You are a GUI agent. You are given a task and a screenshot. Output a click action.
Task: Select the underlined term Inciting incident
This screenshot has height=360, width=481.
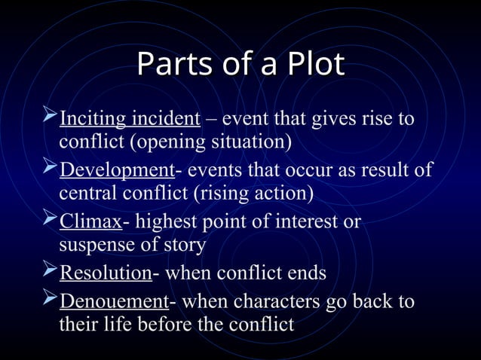click(x=130, y=120)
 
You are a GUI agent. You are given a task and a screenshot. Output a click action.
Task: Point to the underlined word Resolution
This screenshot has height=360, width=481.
click(x=106, y=273)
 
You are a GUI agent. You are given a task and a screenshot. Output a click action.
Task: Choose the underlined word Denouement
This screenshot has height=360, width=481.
click(x=115, y=303)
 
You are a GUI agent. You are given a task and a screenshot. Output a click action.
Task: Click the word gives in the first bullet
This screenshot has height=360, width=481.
click(x=326, y=120)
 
